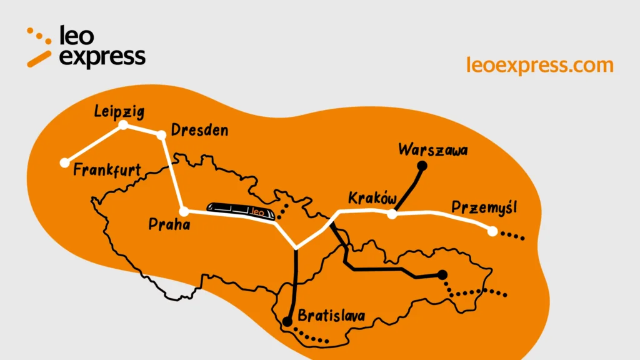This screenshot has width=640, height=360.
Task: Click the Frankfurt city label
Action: tap(107, 171)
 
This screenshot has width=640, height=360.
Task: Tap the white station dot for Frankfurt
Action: tap(64, 162)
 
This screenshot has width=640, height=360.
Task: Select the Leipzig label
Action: tap(119, 112)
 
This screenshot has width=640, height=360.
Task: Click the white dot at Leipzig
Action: tap(124, 125)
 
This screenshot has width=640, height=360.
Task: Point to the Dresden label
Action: tap(199, 131)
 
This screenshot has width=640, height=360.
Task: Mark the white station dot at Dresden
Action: tap(161, 134)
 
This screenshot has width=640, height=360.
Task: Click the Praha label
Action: tap(169, 224)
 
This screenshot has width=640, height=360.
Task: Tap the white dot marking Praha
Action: tap(184, 211)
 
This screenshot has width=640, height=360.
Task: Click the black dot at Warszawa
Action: tap(422, 166)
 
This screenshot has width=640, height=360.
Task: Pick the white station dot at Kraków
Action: tap(392, 214)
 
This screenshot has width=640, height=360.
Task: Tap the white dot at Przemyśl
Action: tap(492, 231)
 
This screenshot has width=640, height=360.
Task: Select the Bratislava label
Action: tap(331, 316)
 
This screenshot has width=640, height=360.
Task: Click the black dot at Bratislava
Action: tap(287, 322)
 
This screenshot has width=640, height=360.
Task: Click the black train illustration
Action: tap(242, 211)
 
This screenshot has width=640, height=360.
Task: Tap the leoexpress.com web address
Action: tap(539, 64)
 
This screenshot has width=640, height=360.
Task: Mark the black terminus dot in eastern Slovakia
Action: tap(442, 274)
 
